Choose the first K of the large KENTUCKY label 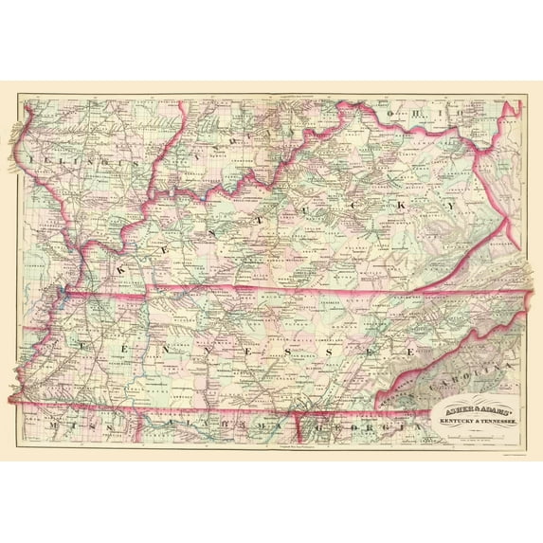[x=122, y=269]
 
